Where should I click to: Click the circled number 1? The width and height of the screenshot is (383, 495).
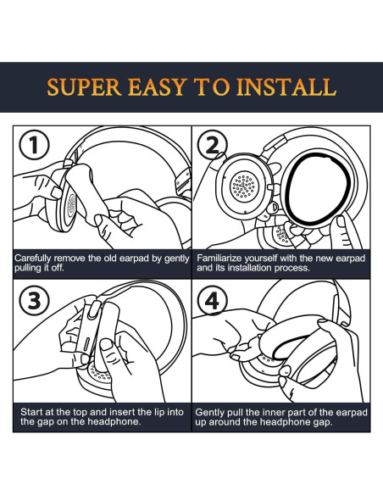pos(35,146)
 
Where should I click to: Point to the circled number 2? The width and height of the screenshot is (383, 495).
pos(212,145)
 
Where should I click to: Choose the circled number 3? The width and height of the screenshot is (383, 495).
pos(35,300)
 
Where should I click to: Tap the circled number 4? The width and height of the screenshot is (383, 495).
pos(212,300)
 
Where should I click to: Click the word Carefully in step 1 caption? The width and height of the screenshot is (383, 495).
pos(32,259)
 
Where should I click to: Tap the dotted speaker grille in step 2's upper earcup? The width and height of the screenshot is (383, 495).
pos(243,186)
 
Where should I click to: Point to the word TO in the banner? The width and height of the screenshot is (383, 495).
pos(212,86)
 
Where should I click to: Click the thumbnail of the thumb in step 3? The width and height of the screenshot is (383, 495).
pos(106,345)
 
